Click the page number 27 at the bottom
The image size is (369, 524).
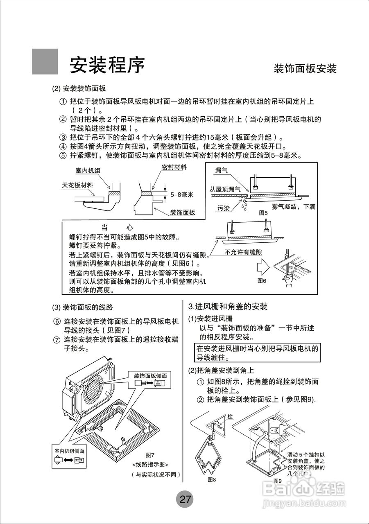pos(185,499)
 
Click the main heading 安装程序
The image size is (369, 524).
pos(107,64)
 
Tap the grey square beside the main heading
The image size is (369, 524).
pos(45,62)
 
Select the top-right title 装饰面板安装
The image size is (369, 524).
pos(305,68)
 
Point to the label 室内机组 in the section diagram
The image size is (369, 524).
pos(88,170)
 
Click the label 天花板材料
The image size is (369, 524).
pos(77,185)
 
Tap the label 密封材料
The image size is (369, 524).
pos(174,167)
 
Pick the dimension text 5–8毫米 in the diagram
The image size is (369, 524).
pos(182,194)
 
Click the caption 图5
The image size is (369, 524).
pos(263,213)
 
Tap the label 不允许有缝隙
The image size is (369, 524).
pos(243,253)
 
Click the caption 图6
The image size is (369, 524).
pos(262,281)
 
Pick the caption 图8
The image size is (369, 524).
pos(211,479)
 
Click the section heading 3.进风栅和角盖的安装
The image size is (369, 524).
pos(228,307)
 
